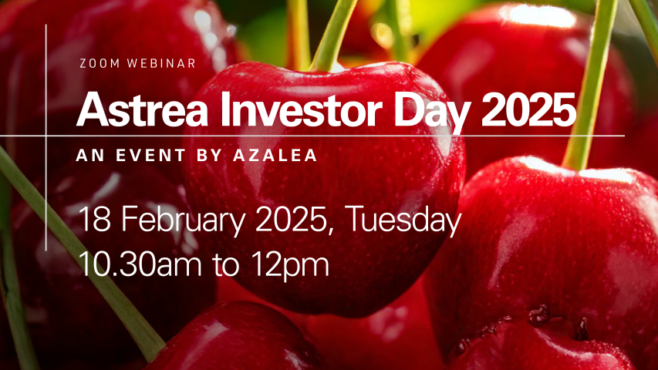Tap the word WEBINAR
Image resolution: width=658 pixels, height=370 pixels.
pyautogui.click(x=161, y=63)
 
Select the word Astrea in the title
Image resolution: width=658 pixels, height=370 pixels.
pyautogui.click(x=142, y=109)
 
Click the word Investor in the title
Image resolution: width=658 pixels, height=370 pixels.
pyautogui.click(x=301, y=109)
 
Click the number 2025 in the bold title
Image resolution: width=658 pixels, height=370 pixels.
pyautogui.click(x=528, y=109)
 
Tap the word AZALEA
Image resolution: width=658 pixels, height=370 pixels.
pyautogui.click(x=275, y=156)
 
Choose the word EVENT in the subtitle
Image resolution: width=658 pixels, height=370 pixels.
pyautogui.click(x=150, y=156)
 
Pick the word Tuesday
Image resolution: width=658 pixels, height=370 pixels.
pyautogui.click(x=404, y=221)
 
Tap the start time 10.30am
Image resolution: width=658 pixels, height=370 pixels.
pyautogui.click(x=140, y=264)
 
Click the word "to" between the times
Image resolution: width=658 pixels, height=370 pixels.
pyautogui.click(x=226, y=264)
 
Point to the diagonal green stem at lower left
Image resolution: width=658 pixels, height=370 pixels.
pyautogui.click(x=79, y=252)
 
